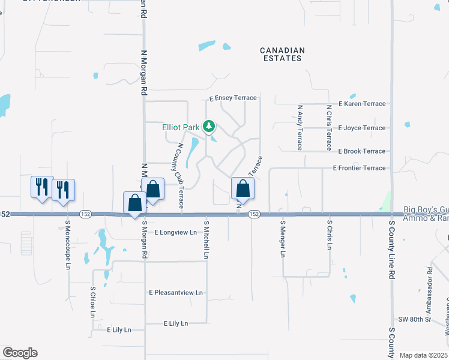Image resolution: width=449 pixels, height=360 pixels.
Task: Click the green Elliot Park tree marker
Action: pos(209,127)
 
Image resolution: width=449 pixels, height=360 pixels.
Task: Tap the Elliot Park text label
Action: pos(181,127)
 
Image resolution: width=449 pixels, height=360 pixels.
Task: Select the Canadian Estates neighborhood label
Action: pos(282,55)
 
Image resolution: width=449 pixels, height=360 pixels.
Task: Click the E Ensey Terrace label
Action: pos(233,98)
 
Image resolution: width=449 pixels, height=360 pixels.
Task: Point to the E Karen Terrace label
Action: pos(362,104)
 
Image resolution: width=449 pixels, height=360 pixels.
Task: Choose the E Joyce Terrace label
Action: pos(362,128)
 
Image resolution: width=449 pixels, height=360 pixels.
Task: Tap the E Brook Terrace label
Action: pos(361,151)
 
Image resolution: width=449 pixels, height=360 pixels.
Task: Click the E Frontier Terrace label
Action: pos(359,168)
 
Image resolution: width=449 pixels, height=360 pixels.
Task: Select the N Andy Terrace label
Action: pos(300,128)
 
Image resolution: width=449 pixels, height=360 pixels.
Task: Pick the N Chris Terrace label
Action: pos(329,128)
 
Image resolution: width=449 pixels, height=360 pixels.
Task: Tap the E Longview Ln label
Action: pos(175,232)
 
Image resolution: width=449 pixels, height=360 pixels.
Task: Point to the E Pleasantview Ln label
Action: pos(176,293)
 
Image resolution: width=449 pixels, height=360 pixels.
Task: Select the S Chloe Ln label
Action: pos(93,302)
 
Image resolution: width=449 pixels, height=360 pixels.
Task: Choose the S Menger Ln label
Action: pos(282,238)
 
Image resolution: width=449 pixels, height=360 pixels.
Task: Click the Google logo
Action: pos(20,353)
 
